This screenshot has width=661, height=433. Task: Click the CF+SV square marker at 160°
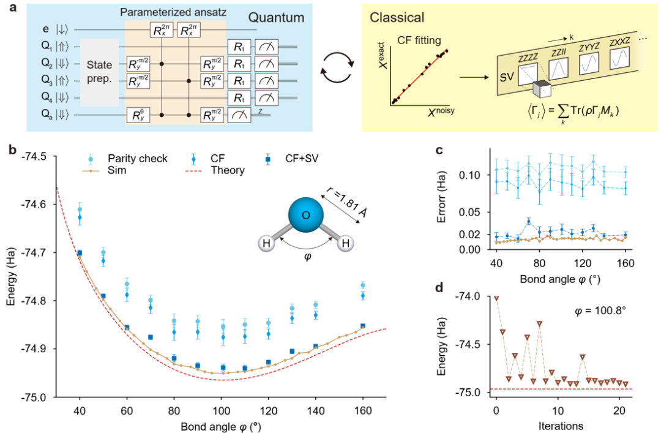(x=363, y=326)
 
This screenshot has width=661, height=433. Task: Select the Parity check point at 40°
(x=80, y=209)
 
